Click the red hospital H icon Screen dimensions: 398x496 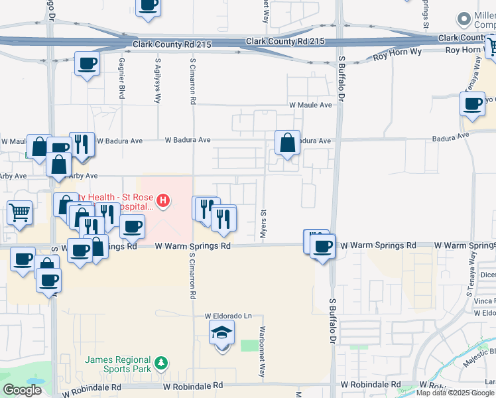click(162, 199)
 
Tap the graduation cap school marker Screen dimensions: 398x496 click(222, 333)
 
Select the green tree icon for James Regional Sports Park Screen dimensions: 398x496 click(160, 364)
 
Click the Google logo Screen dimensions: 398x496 click(22, 390)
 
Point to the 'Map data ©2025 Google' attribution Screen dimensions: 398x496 click(455, 393)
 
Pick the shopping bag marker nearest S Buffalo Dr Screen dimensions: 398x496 click(287, 143)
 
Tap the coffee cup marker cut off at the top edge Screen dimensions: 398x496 click(149, 5)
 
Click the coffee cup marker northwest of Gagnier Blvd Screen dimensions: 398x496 click(87, 64)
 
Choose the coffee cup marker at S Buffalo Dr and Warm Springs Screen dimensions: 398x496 click(323, 247)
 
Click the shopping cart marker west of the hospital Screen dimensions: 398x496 click(19, 213)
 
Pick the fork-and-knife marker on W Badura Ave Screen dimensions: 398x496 click(81, 143)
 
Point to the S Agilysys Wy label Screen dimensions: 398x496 click(158, 83)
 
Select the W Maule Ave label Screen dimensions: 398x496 click(310, 105)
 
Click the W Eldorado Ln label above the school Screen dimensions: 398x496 click(229, 316)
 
